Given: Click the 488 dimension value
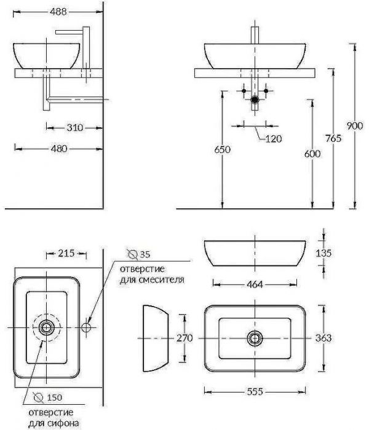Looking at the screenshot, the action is [x=58, y=12].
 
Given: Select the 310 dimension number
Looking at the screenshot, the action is [x=74, y=128].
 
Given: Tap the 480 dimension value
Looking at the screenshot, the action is [x=59, y=149].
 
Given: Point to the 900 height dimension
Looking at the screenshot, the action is [x=355, y=126].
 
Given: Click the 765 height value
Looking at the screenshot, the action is [x=333, y=138].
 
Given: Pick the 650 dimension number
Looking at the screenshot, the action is [x=223, y=150].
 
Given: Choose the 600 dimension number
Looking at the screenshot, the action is [x=312, y=154].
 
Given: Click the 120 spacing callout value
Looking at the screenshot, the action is [x=274, y=139].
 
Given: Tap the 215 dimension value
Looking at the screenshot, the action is [x=66, y=253].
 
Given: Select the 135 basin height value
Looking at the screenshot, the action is [x=323, y=253].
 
